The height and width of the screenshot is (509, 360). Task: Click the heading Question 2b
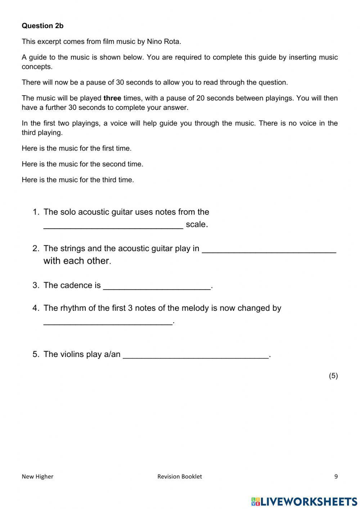(x=42, y=26)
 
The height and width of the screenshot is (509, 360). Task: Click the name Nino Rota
(x=163, y=41)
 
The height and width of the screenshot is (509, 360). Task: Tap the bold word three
(x=112, y=98)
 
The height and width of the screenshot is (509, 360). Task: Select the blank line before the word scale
(x=113, y=225)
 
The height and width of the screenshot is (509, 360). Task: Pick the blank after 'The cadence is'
(x=157, y=286)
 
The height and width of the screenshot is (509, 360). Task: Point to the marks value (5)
(x=333, y=376)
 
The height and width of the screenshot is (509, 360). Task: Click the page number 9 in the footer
(x=336, y=477)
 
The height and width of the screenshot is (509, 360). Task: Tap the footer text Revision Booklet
(x=179, y=477)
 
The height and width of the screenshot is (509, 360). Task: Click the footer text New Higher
(x=37, y=477)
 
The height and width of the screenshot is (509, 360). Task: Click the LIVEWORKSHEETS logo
(x=304, y=501)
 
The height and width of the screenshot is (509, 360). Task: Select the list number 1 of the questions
(x=35, y=212)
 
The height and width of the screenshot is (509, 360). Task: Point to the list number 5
(x=35, y=354)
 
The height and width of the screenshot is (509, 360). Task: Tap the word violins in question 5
(x=71, y=354)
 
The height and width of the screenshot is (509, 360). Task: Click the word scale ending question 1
(x=196, y=224)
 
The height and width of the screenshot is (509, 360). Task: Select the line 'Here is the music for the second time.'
(x=82, y=164)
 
